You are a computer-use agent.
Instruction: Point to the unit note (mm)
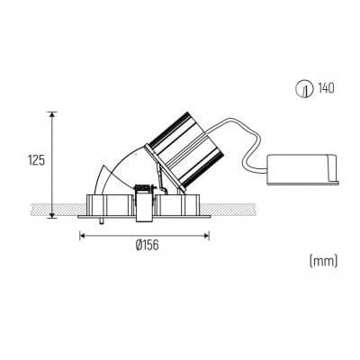(320, 261)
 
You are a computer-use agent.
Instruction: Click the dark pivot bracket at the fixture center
(142, 191)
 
